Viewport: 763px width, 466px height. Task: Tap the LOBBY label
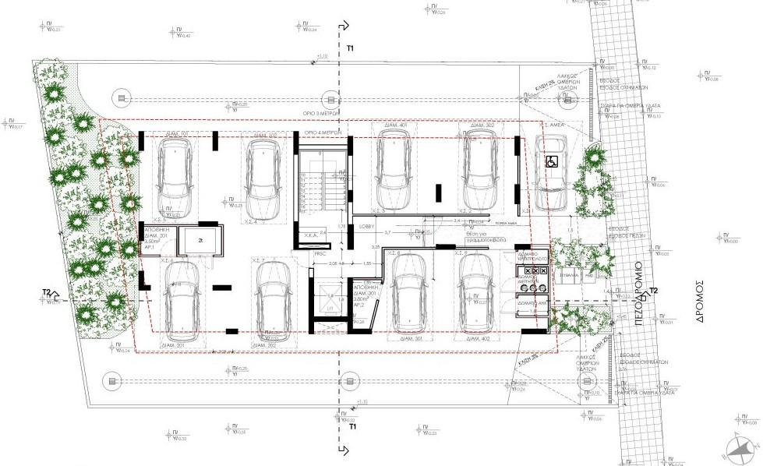(367, 227)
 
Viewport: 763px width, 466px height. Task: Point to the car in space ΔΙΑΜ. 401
(394, 166)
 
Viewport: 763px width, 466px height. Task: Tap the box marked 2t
(200, 241)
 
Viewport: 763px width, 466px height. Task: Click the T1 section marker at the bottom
(352, 427)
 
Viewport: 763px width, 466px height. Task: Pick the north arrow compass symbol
(741, 447)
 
